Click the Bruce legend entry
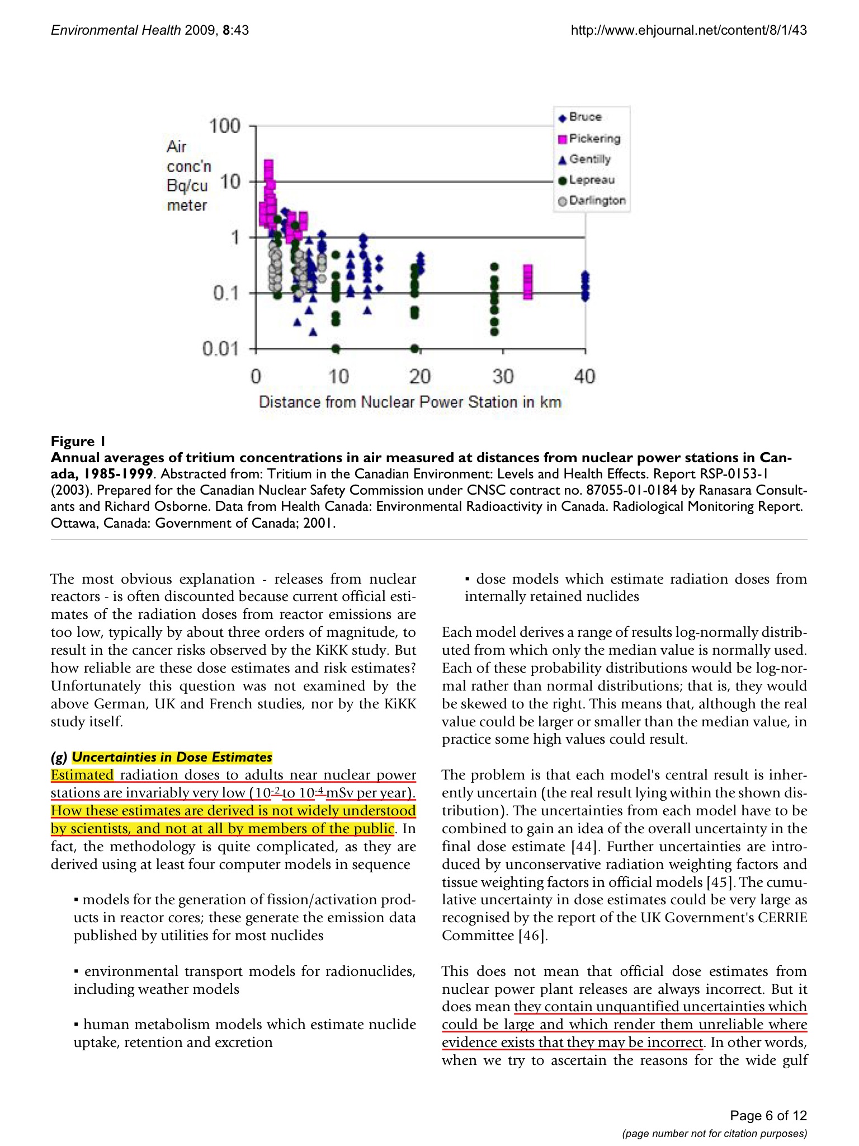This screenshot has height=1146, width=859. coord(584,117)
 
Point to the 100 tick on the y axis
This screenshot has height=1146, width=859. coord(224,126)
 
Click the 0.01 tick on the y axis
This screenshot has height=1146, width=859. coord(220,349)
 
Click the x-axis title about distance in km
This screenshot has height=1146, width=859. coord(410,402)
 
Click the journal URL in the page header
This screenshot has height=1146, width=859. coord(688,30)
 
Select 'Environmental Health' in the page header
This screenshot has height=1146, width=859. coord(116,30)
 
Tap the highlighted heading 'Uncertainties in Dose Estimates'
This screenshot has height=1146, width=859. coord(172,757)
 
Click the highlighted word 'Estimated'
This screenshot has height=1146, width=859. coord(82,775)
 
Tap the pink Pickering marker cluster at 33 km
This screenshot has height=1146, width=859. coord(528,282)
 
